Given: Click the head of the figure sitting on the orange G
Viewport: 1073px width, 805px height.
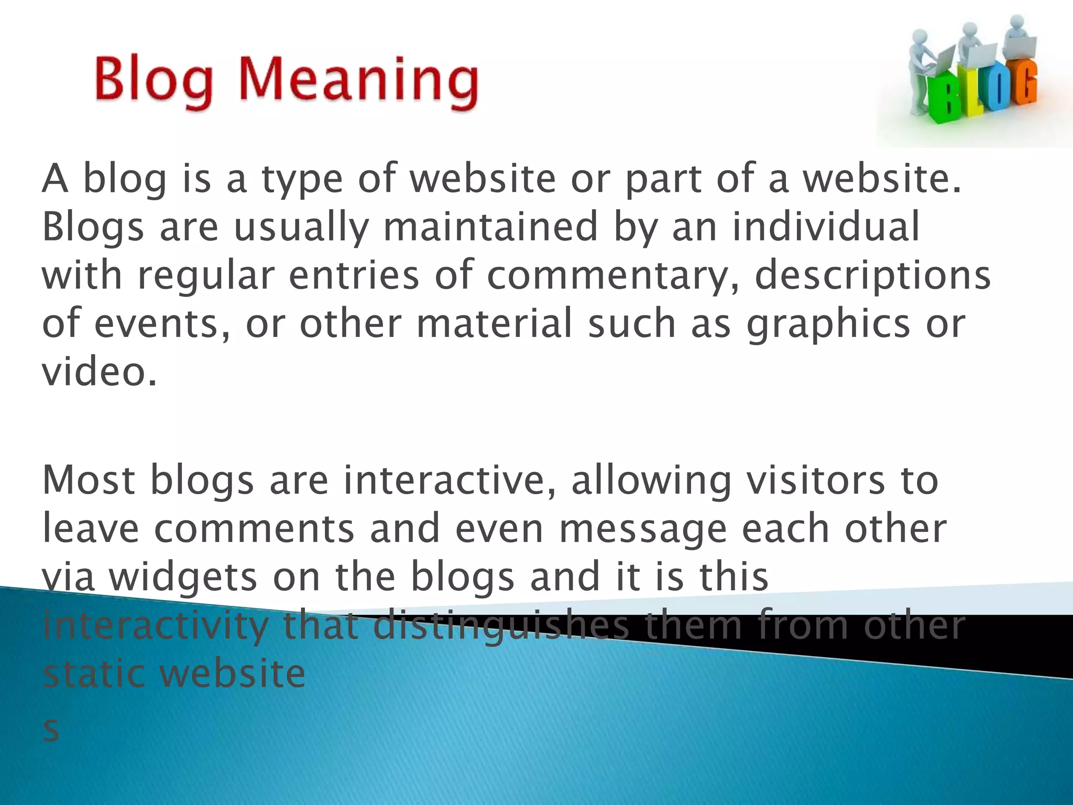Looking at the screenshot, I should [1017, 23].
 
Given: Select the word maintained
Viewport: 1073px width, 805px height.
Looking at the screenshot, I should [490, 227].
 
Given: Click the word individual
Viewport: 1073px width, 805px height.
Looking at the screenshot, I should [826, 227].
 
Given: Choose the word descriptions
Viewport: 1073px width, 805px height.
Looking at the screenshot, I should [872, 276].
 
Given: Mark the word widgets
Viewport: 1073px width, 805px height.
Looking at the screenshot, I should [183, 577].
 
